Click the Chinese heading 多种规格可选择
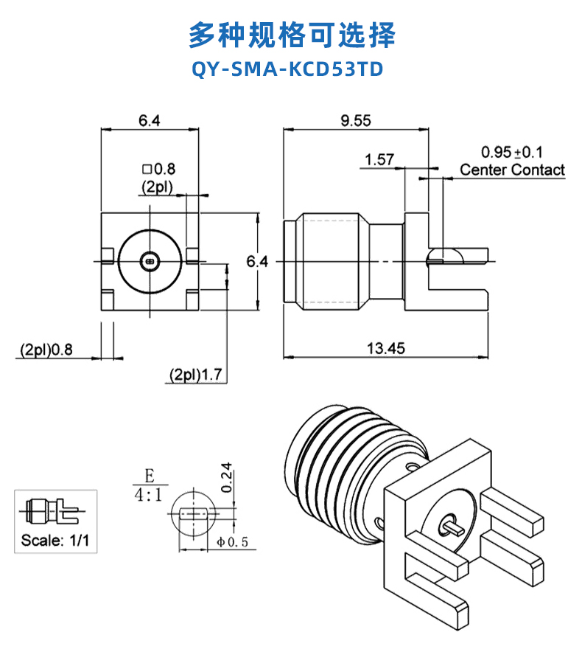(291, 34)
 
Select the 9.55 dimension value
(355, 121)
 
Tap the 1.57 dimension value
(379, 159)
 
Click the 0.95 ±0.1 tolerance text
(511, 153)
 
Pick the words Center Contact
(512, 170)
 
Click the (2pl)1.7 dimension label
(195, 375)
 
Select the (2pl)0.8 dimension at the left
(46, 350)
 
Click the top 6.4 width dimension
(149, 121)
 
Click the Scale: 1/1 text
(55, 540)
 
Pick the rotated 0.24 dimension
(227, 477)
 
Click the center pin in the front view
(150, 260)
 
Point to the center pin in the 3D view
(450, 528)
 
